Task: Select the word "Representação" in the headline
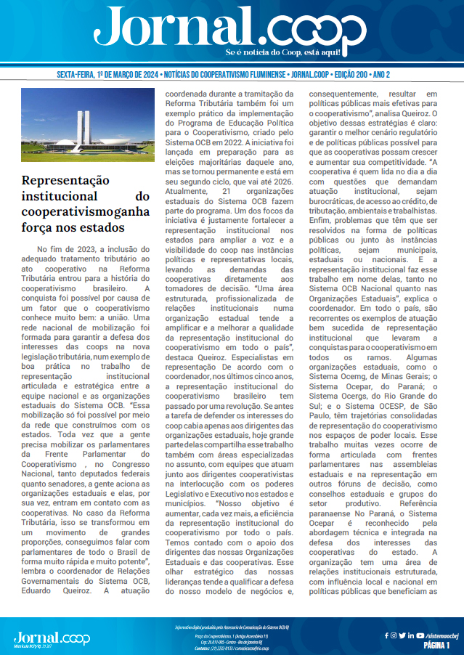point(65,180)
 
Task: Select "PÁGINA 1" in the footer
point(437,645)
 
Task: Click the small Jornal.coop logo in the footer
point(52,637)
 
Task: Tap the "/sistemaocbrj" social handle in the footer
point(438,635)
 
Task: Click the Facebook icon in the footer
point(386,635)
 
